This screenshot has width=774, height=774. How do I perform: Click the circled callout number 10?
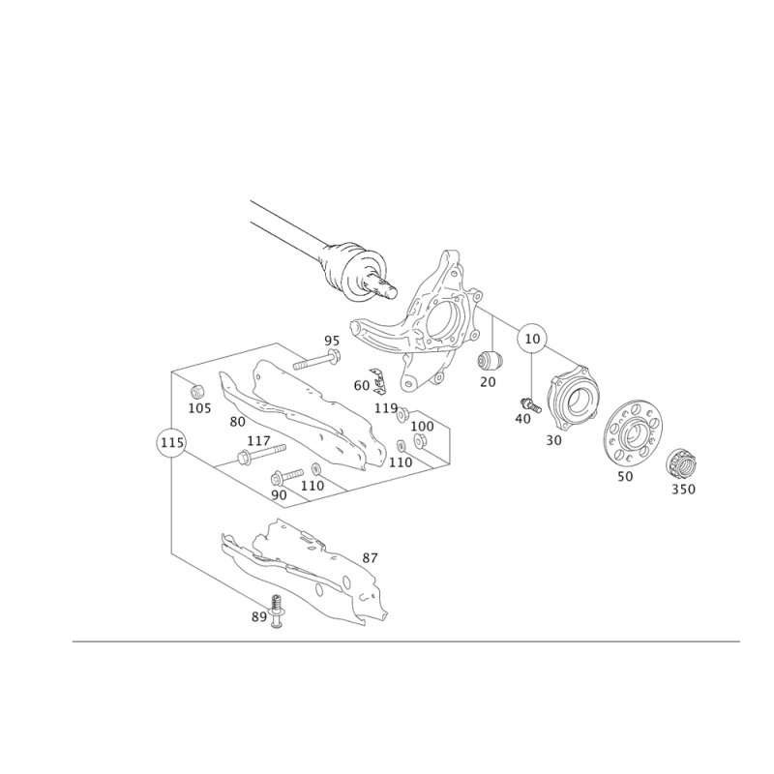tap(532, 340)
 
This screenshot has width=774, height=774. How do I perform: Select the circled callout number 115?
tap(171, 442)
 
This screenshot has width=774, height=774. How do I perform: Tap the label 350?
tap(683, 490)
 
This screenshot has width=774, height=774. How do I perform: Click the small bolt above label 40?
tap(530, 404)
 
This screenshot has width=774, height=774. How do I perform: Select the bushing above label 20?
tap(490, 360)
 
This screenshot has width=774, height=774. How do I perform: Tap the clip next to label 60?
tap(377, 381)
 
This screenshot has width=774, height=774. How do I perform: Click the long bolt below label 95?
tap(316, 360)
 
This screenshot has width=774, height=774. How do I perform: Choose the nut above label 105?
tap(197, 391)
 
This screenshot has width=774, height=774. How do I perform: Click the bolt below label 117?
tap(261, 454)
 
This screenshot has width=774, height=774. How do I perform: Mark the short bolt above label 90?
tap(286, 476)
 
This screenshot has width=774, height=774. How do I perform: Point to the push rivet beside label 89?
tap(278, 612)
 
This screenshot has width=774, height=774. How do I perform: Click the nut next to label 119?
tap(402, 414)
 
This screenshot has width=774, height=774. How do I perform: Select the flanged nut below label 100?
tap(420, 441)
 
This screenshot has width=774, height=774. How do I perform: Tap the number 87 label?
tap(370, 558)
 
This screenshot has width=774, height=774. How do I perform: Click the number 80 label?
tap(237, 422)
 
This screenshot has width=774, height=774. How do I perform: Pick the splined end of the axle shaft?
tap(381, 287)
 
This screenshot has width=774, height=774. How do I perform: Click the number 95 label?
tap(332, 341)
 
